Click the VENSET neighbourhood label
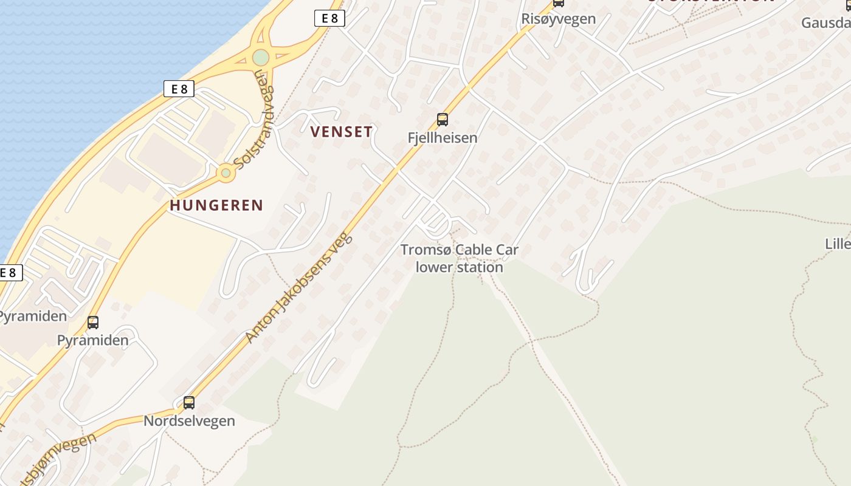(341, 131)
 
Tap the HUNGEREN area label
(216, 205)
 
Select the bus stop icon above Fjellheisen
(443, 120)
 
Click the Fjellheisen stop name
(443, 138)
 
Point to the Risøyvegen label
(558, 19)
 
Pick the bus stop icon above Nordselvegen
(189, 402)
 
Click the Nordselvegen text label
(189, 421)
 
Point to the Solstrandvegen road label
(254, 127)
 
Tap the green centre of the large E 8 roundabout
(261, 58)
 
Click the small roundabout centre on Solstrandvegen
(226, 173)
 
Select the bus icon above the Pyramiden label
(93, 323)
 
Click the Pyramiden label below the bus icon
(93, 340)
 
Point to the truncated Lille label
(838, 244)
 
